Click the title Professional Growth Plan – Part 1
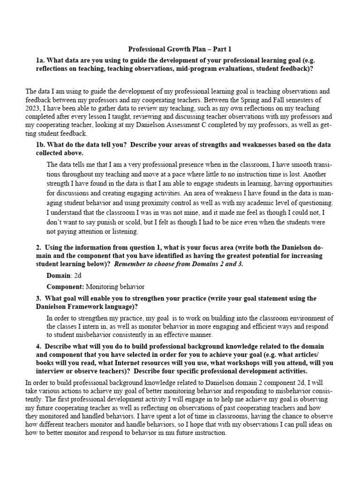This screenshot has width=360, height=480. tap(180, 49)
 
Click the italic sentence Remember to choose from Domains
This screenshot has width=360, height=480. tap(179, 264)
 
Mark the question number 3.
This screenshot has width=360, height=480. tap(38, 298)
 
